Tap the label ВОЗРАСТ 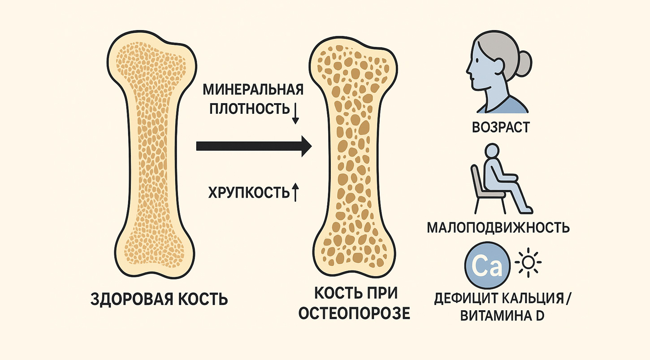500,128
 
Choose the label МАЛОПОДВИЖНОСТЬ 498,228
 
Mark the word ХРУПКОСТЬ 249,193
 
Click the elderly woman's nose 468,71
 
